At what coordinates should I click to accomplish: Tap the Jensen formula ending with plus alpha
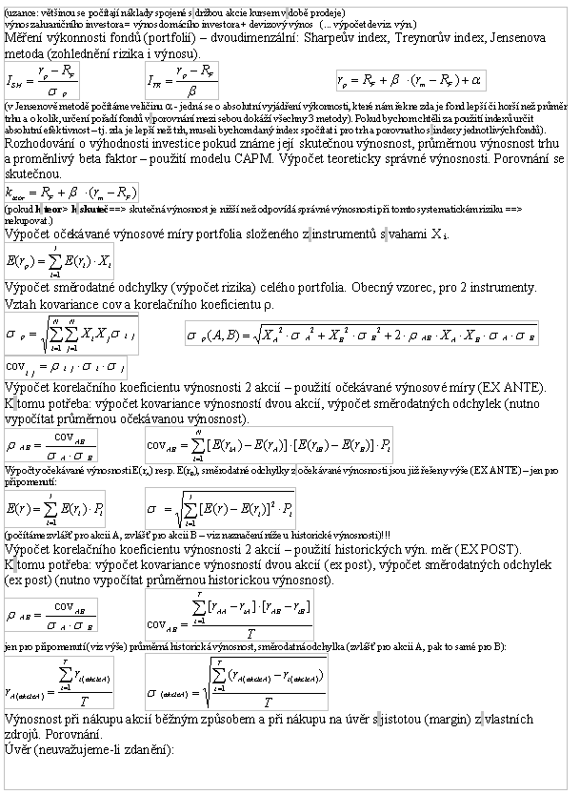pyautogui.click(x=411, y=79)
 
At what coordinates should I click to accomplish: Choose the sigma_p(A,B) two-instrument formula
pyautogui.click(x=362, y=335)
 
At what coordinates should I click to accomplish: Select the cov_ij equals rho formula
pyautogui.click(x=66, y=367)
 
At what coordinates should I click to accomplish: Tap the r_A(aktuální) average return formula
pyautogui.click(x=60, y=682)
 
